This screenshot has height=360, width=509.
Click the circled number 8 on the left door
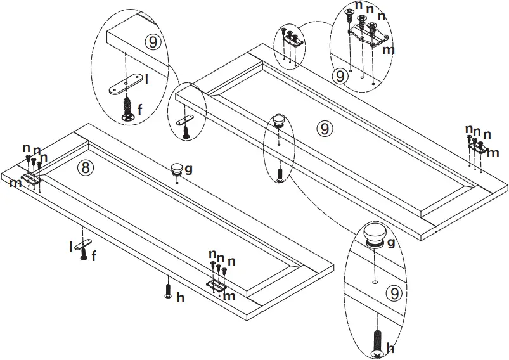(85, 167)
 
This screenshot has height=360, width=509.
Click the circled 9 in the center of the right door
(324, 128)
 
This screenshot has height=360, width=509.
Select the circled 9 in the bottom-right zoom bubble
(395, 293)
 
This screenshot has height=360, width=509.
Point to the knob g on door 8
(177, 169)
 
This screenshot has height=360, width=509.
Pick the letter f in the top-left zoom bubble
(140, 109)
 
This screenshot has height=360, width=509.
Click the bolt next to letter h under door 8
(168, 290)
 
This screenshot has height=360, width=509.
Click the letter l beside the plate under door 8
(71, 247)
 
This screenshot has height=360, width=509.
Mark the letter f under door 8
(94, 256)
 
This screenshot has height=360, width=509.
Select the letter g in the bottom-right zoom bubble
(390, 242)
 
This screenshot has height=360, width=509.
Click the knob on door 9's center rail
(278, 120)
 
